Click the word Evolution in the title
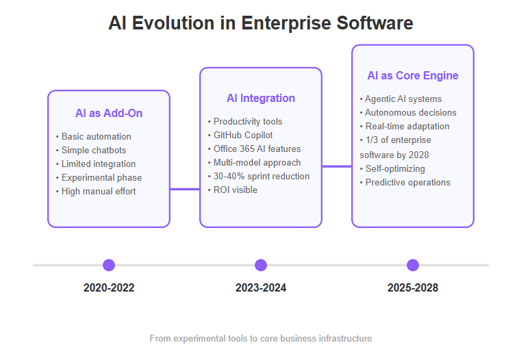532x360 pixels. pyautogui.click(x=173, y=23)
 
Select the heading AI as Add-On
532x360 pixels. pyautogui.click(x=109, y=113)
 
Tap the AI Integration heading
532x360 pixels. pyautogui.click(x=261, y=98)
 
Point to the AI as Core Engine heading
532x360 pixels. pyautogui.click(x=413, y=75)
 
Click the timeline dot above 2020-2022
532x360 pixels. pyautogui.click(x=109, y=265)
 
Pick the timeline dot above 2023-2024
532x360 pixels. pyautogui.click(x=261, y=265)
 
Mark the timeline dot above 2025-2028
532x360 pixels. pyautogui.click(x=413, y=265)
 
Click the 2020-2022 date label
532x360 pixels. pyautogui.click(x=109, y=287)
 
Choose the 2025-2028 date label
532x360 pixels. pyautogui.click(x=413, y=287)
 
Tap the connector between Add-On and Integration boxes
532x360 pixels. pyautogui.click(x=185, y=189)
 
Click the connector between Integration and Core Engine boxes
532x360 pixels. pyautogui.click(x=337, y=166)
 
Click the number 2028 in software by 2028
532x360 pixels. pyautogui.click(x=418, y=155)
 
